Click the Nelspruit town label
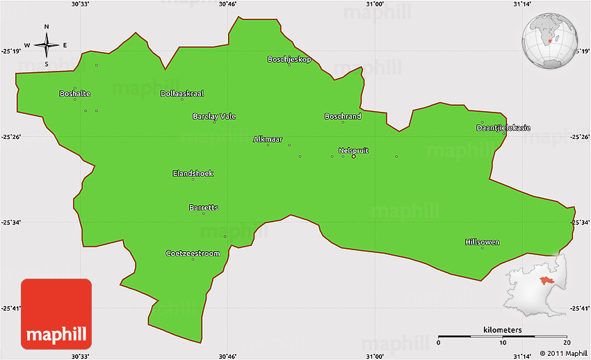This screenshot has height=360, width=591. click(353, 150)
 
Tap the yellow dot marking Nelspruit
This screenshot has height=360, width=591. click(354, 156)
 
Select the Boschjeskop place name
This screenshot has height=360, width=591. click(289, 60)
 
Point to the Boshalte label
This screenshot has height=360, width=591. click(75, 94)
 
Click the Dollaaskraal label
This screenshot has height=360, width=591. click(182, 94)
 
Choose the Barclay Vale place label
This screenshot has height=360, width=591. click(214, 117)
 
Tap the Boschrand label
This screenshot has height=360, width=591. click(343, 117)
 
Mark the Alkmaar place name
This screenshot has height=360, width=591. click(268, 140)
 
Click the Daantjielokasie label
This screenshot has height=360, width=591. click(503, 128)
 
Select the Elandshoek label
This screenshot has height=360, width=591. click(193, 174)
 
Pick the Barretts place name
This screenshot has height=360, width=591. click(204, 208)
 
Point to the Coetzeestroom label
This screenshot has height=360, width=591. click(193, 254)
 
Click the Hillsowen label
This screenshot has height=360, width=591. click(482, 243)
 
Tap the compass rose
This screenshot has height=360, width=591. click(47, 46)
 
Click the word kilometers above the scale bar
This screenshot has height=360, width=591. click(503, 329)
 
